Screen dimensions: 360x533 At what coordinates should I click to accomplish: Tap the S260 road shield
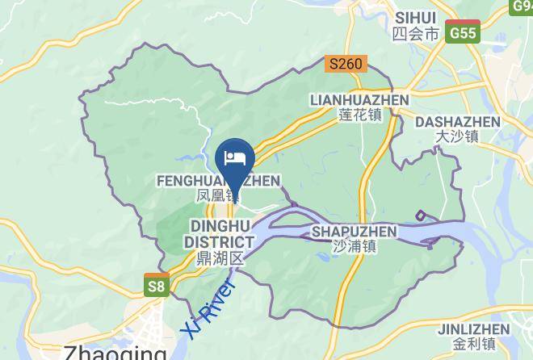click(x=347, y=63)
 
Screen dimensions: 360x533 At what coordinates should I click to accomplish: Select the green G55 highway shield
click(x=464, y=32)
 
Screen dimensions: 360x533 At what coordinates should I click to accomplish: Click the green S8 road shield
click(x=157, y=285)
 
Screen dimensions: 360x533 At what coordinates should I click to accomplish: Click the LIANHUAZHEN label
click(x=359, y=99)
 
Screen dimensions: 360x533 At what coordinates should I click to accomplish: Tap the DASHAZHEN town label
click(x=457, y=122)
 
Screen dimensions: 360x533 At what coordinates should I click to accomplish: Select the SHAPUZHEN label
click(x=354, y=232)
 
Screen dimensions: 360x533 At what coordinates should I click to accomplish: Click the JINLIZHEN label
click(x=473, y=329)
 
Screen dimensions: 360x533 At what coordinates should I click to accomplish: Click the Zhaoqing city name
click(x=114, y=352)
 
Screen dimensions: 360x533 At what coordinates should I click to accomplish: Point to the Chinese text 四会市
click(x=415, y=34)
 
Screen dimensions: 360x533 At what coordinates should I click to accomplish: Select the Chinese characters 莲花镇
click(x=359, y=115)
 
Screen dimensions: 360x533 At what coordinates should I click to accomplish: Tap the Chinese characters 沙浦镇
click(x=355, y=247)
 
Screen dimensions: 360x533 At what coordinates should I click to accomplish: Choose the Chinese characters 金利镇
click(x=473, y=345)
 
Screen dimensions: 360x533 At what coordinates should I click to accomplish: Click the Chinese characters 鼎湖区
click(x=220, y=258)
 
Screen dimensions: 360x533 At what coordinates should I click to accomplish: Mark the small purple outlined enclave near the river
click(x=421, y=215)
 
